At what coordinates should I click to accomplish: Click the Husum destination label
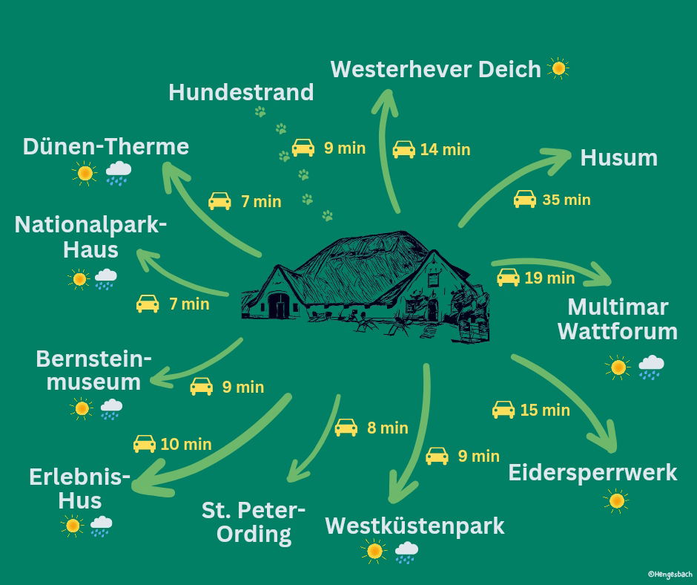pos(618,158)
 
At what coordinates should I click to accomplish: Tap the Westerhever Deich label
pos(436,70)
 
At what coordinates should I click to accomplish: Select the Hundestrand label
pos(241,93)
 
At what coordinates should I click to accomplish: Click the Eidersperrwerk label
pos(592,472)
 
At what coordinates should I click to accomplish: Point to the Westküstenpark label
pos(414,526)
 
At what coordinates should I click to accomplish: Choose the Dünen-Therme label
pos(106,146)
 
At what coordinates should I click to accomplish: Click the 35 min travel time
pos(566,200)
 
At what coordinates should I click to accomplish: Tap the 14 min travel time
pos(445,149)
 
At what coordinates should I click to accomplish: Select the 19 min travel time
pos(549,278)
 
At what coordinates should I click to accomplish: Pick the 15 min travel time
pos(545,410)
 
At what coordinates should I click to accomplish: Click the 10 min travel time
pos(186,445)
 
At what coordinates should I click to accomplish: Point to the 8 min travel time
pos(388,428)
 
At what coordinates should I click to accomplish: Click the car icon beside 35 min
pos(525,199)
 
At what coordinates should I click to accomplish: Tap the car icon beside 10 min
pos(145,444)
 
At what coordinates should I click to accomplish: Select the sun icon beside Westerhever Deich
pos(558,70)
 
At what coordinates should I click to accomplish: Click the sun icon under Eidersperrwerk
pos(616,501)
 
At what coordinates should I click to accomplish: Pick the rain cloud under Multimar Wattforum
pos(651,367)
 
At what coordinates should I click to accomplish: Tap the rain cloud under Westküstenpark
pos(406,552)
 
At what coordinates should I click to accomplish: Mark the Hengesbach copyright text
pos(670,574)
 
